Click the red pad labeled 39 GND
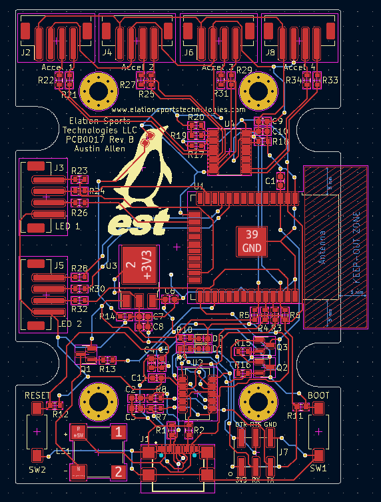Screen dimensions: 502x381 pos(252,241)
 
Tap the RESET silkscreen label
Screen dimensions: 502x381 pos(37,395)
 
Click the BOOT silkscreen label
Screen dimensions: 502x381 pos(318,395)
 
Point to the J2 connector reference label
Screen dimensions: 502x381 pos(26,51)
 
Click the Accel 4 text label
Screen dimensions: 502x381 pos(299,67)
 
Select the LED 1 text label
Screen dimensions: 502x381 pos(71,227)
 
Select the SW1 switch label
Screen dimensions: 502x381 pos(318,469)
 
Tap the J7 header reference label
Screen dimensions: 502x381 pos(283,452)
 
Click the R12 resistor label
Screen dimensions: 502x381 pos(61,415)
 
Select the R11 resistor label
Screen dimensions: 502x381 pos(296,416)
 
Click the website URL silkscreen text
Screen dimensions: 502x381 pos(178,109)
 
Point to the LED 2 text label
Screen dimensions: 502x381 pos(71,324)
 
